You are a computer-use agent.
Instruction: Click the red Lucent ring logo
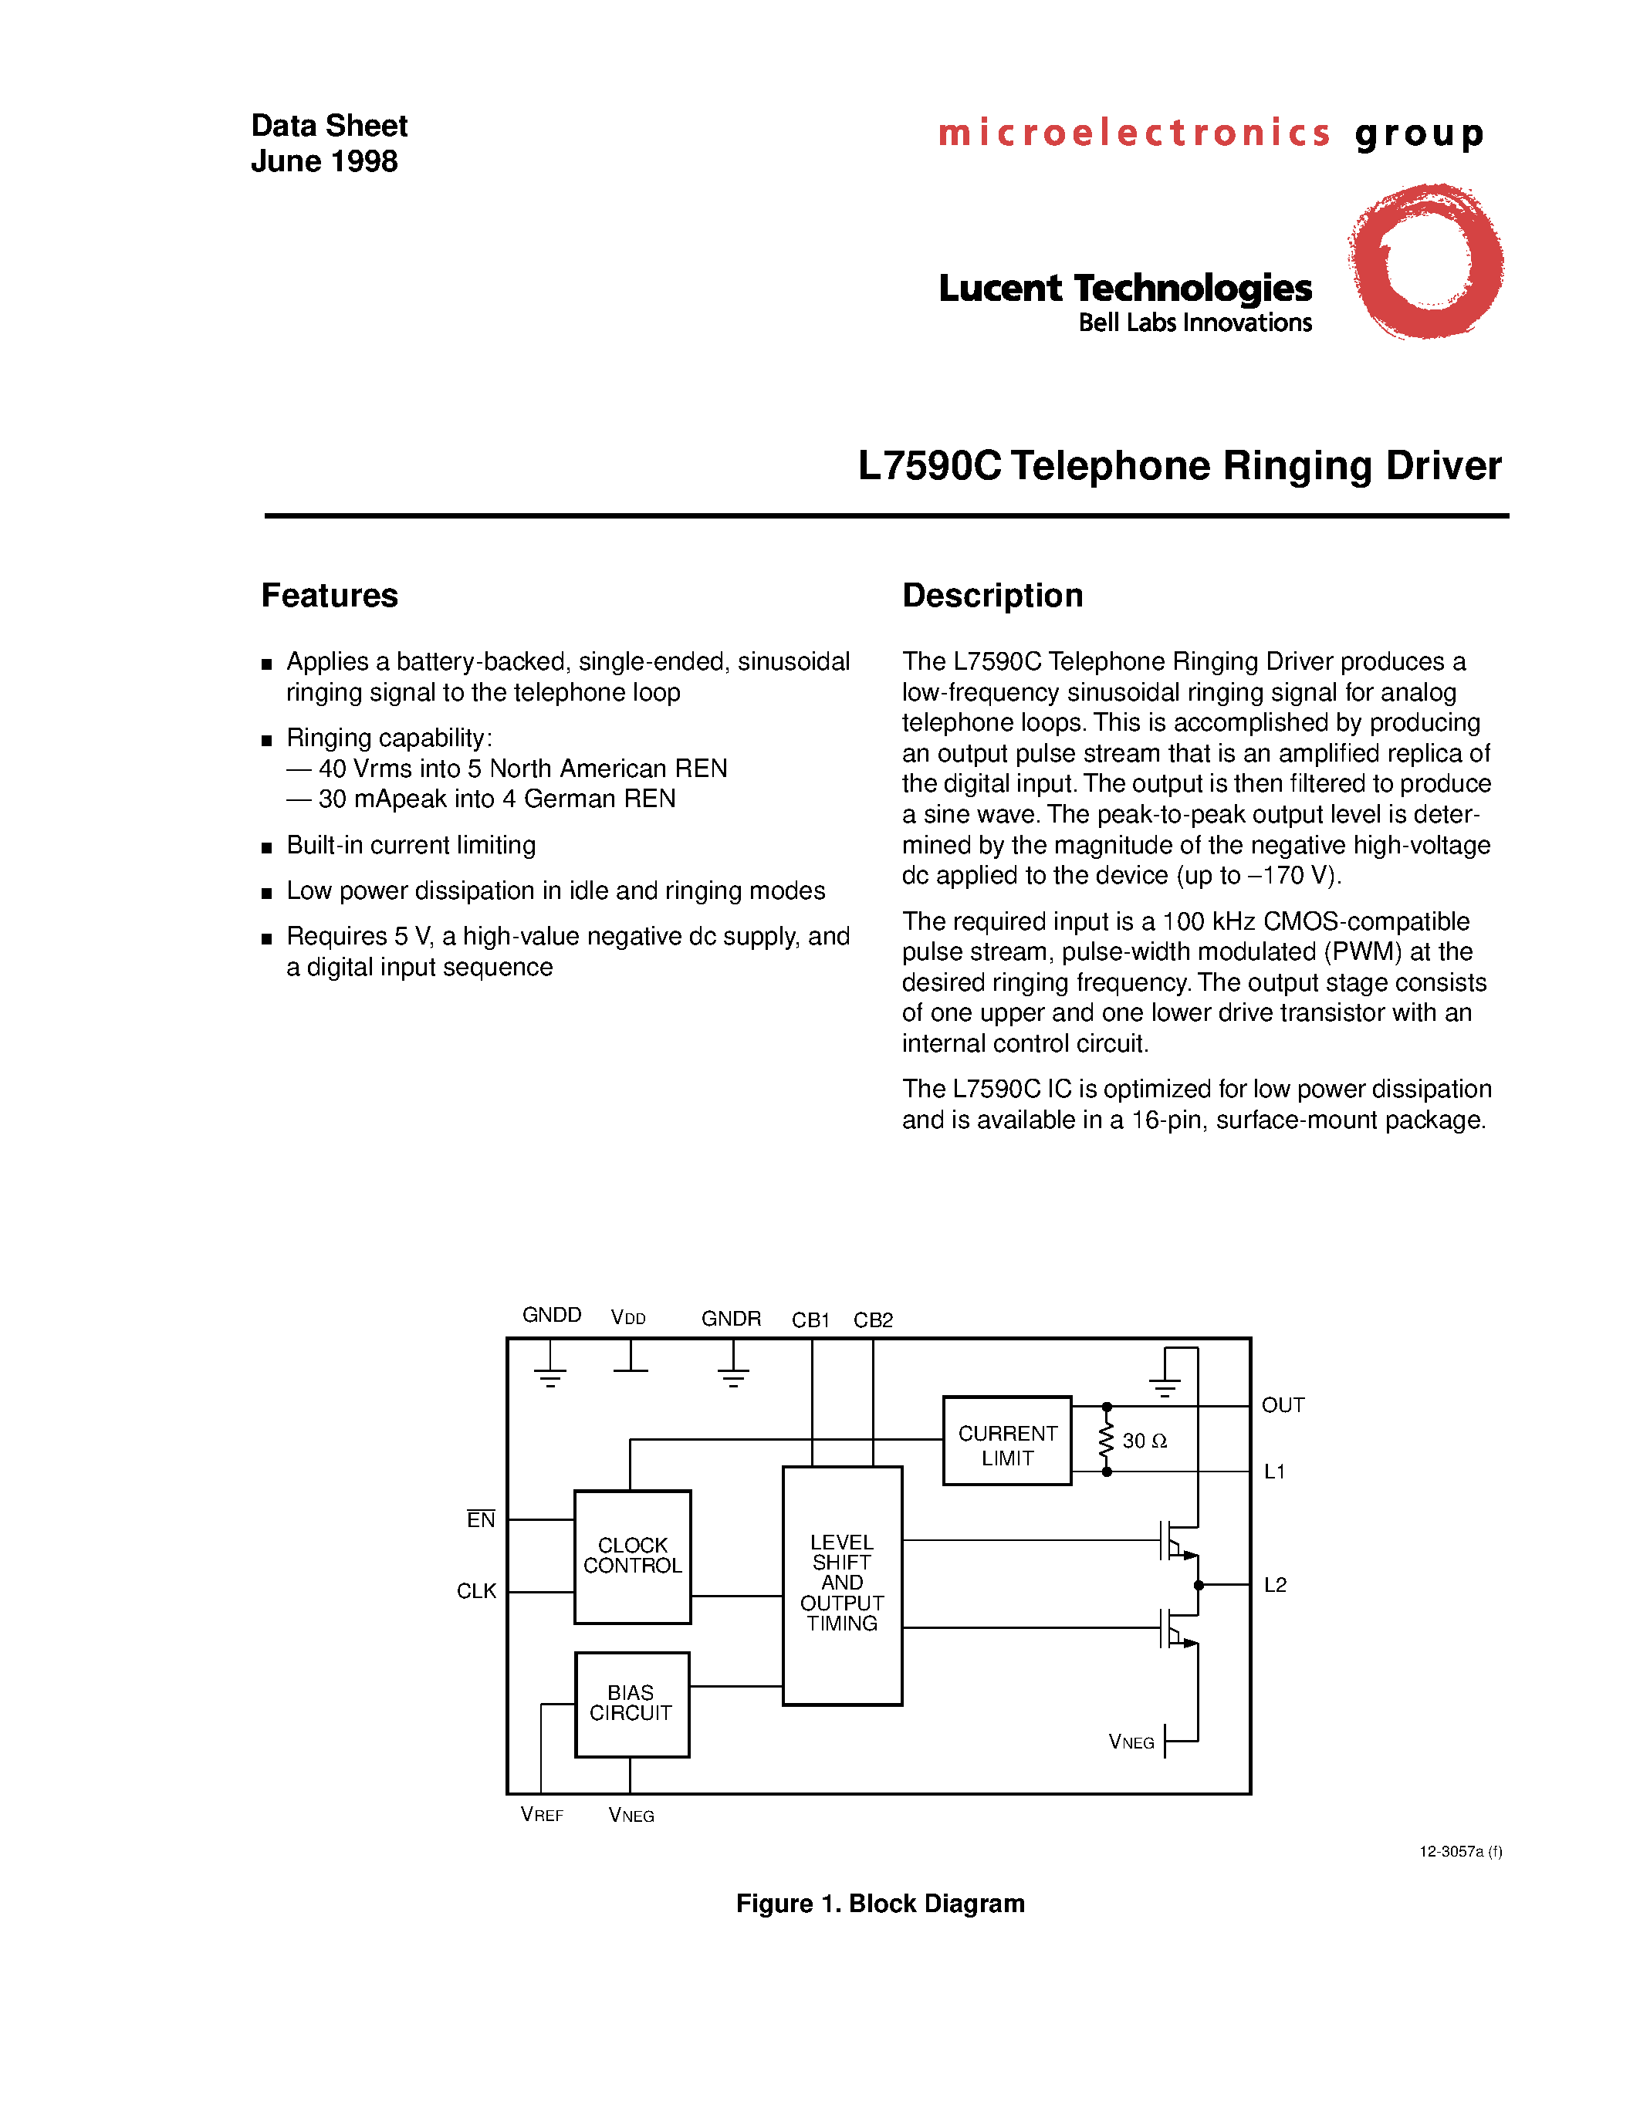(1425, 260)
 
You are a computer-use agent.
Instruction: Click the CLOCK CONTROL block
(633, 1556)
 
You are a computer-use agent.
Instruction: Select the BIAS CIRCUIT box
(631, 1705)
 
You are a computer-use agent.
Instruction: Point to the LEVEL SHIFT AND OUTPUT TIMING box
(841, 1583)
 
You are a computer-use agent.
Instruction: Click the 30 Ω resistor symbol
(1106, 1440)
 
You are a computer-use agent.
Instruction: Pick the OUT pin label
(1283, 1405)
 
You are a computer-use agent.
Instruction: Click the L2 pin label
(1275, 1585)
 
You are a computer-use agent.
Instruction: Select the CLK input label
(476, 1590)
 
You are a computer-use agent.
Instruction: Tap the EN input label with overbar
(481, 1519)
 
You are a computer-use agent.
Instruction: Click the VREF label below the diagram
(541, 1814)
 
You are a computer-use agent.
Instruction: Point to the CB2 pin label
(872, 1319)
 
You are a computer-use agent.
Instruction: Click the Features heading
(330, 596)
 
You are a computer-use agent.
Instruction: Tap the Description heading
(992, 596)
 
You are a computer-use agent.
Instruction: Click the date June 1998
(323, 161)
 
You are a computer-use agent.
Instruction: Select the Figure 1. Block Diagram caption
(879, 1904)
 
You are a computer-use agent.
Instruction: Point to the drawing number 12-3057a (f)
(1460, 1851)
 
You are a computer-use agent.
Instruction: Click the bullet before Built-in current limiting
(266, 847)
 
